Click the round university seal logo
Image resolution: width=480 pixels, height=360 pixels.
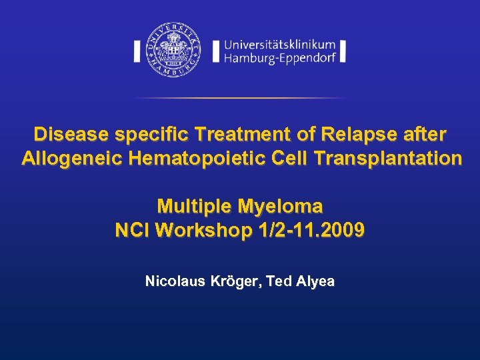(173, 50)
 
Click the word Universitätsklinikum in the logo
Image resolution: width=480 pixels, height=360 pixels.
(280, 45)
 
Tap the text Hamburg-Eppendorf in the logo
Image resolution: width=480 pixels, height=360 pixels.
(280, 59)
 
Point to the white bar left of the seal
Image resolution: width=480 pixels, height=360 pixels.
(137, 51)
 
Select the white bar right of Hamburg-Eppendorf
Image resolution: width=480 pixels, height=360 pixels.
(342, 51)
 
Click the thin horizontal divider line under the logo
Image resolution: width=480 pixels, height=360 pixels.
(240, 98)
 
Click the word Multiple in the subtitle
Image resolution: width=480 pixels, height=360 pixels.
(192, 205)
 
